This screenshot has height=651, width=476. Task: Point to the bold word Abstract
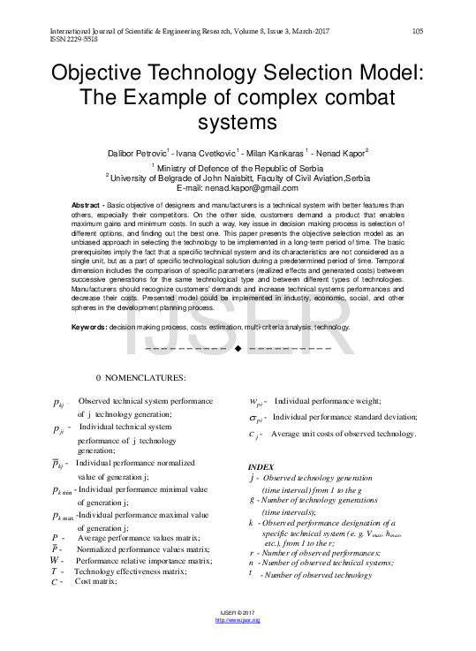87,206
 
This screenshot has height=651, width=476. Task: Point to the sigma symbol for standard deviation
256,417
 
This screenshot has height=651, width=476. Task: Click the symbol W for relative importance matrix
56,561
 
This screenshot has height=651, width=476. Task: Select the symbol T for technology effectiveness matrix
55,572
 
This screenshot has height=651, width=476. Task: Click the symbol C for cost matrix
55,582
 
